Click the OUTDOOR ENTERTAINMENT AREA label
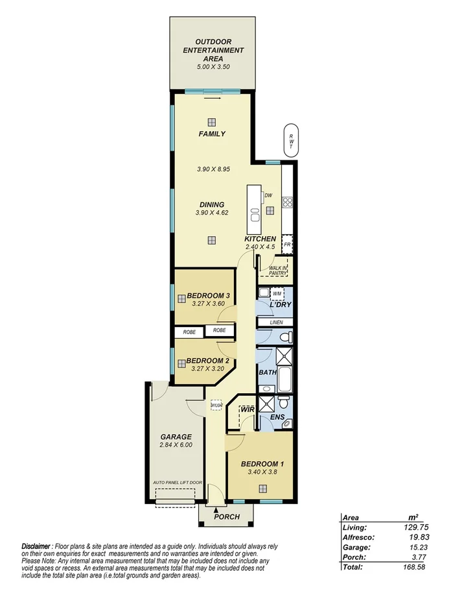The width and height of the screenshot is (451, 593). (213, 50)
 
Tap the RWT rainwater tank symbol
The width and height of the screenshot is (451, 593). (291, 138)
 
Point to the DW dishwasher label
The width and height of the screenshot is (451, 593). (268, 195)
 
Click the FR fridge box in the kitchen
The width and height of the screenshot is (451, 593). (287, 245)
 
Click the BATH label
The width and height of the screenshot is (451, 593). (268, 372)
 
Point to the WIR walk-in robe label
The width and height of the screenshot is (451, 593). (247, 409)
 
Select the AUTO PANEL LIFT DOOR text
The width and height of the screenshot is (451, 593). (178, 483)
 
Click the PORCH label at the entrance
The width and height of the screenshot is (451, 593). (225, 517)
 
